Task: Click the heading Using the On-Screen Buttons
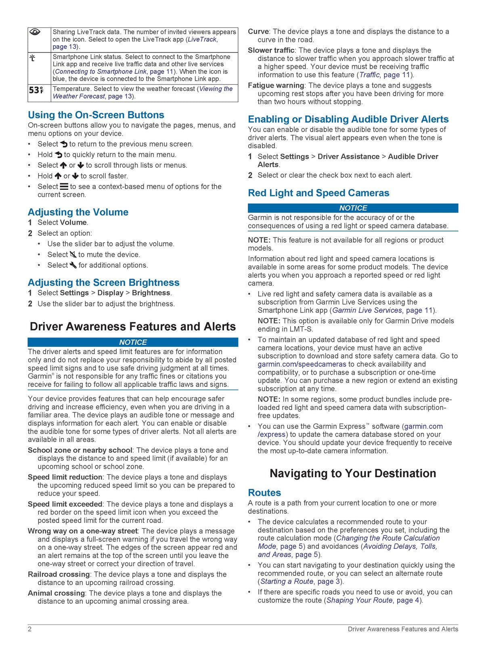pyautogui.click(x=96, y=115)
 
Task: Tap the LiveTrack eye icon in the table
pyautogui.click(x=36, y=33)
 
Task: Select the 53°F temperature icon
pyautogui.click(x=36, y=90)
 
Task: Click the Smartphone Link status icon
pyautogui.click(x=32, y=58)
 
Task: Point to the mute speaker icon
pyautogui.click(x=73, y=255)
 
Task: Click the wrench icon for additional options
pyautogui.click(x=73, y=265)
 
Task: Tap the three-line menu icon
pyautogui.click(x=64, y=187)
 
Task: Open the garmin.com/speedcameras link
pyautogui.click(x=302, y=364)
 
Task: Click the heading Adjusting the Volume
pyautogui.click(x=78, y=212)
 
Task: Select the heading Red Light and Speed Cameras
pyautogui.click(x=318, y=193)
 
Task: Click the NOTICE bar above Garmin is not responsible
pyautogui.click(x=353, y=208)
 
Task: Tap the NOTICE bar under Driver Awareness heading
pyautogui.click(x=133, y=342)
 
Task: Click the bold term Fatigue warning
pyautogui.click(x=276, y=86)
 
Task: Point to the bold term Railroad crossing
pyautogui.click(x=59, y=575)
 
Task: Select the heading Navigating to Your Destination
pyautogui.click(x=353, y=474)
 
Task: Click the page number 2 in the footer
pyautogui.click(x=30, y=629)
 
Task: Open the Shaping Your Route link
pyautogui.click(x=360, y=600)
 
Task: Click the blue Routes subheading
pyautogui.click(x=264, y=493)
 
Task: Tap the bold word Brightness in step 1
pyautogui.click(x=151, y=293)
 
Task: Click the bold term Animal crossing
pyautogui.click(x=56, y=593)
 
